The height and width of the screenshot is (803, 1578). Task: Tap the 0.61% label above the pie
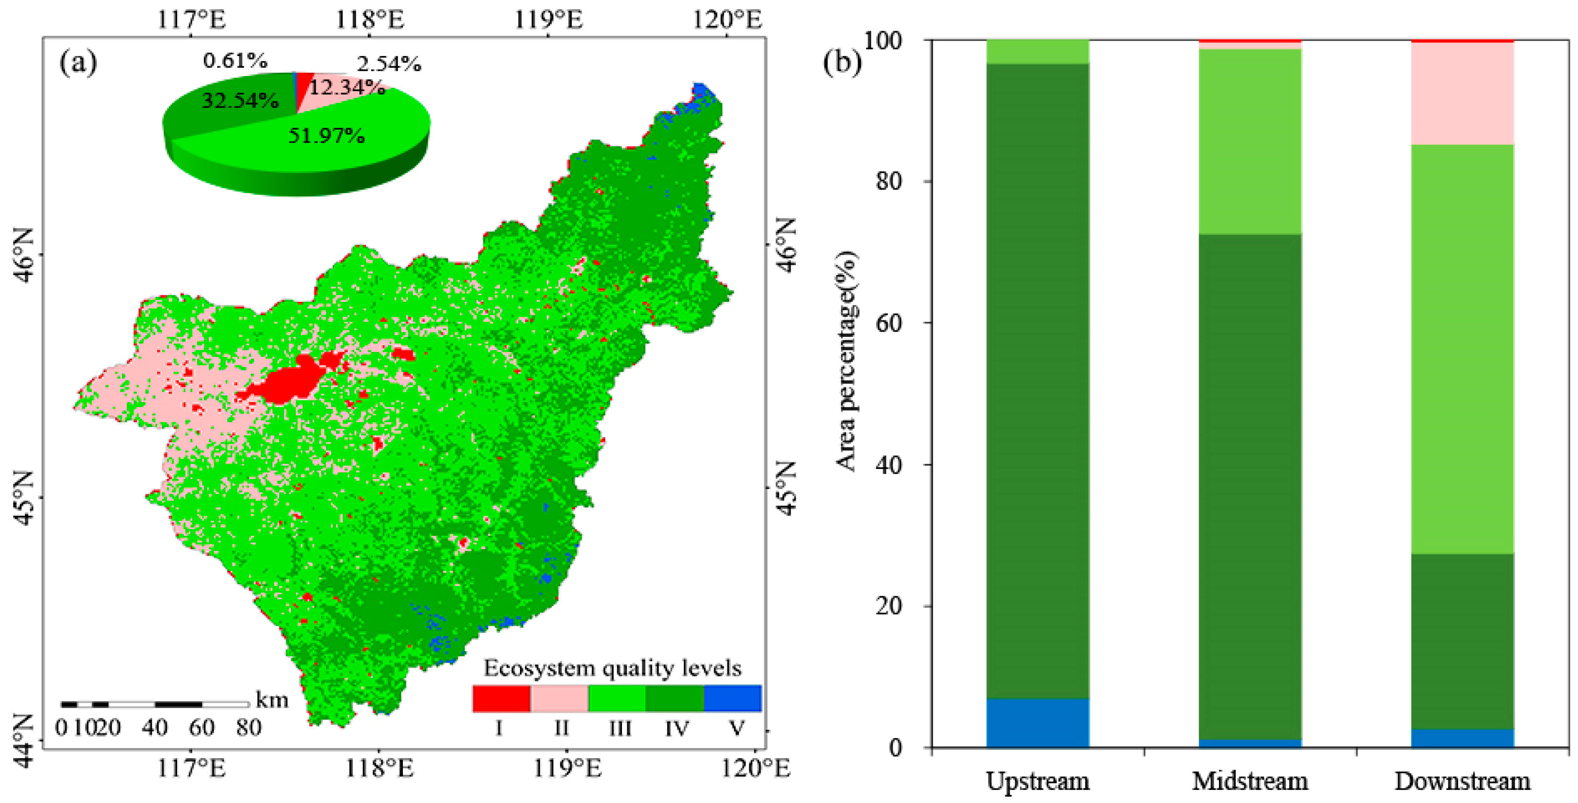pyautogui.click(x=235, y=60)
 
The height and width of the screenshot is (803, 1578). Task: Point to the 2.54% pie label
pyautogui.click(x=389, y=64)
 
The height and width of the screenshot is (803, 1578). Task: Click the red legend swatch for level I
pyautogui.click(x=501, y=698)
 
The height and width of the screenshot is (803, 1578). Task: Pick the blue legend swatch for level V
pyautogui.click(x=733, y=698)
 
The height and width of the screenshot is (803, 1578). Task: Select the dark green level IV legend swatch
pyautogui.click(x=675, y=698)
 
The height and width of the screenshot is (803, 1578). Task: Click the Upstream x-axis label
pyautogui.click(x=1038, y=782)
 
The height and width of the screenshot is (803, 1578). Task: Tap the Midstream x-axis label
pyautogui.click(x=1250, y=782)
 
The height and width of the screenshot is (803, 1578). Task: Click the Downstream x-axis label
pyautogui.click(x=1462, y=782)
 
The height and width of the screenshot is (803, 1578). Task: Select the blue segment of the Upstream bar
pyautogui.click(x=1038, y=723)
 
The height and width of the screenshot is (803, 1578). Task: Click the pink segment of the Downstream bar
pyautogui.click(x=1462, y=93)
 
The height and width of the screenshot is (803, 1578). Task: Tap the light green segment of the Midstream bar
pyautogui.click(x=1250, y=141)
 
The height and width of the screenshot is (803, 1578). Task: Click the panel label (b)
pyautogui.click(x=842, y=61)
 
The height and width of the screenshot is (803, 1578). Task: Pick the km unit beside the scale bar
pyautogui.click(x=271, y=700)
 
